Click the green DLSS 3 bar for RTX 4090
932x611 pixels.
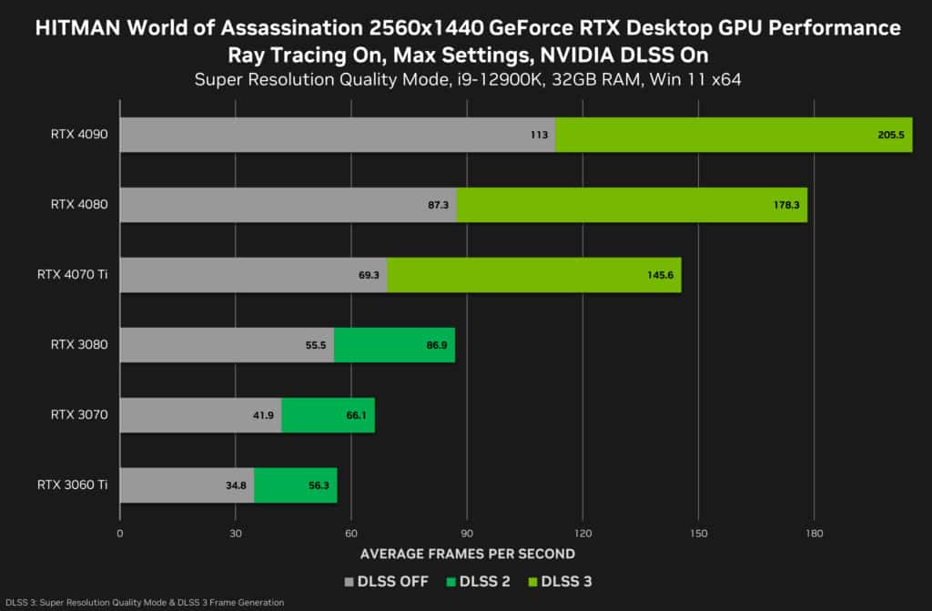734,135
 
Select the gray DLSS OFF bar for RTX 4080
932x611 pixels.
288,205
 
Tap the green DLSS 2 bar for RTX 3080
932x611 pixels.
394,345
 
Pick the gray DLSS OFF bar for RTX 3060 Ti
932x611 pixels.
187,485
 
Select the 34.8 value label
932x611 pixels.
237,485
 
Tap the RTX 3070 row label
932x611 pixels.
79,415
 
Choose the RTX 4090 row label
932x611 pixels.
79,135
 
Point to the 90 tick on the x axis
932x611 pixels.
467,534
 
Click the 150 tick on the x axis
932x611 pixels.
698,534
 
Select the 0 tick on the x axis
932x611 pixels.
120,534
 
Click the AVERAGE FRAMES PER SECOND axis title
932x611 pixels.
468,554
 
